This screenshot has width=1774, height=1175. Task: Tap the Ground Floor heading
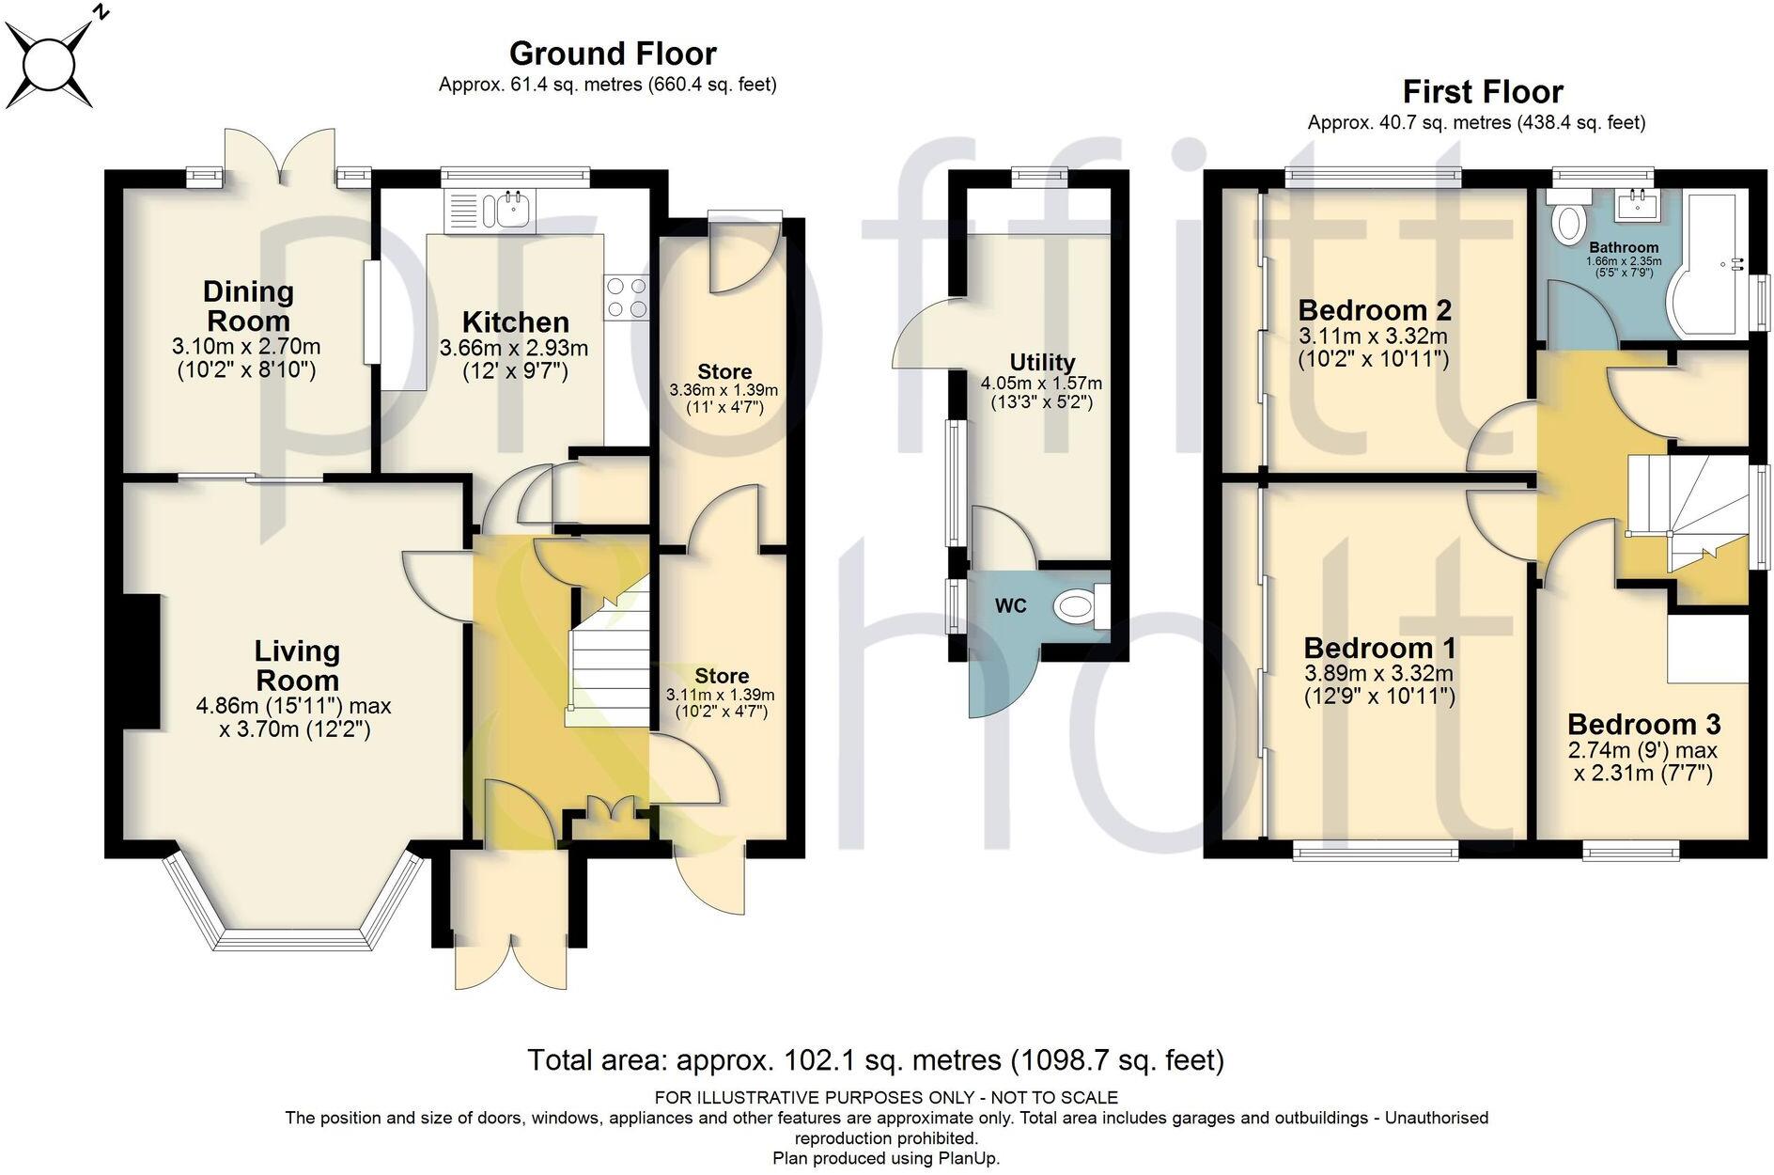[x=613, y=54]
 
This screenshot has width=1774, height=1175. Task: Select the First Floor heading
[x=1483, y=92]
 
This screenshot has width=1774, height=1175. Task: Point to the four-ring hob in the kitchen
[x=627, y=296]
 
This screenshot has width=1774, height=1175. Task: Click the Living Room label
[x=297, y=666]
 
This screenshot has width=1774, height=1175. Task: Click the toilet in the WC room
[x=1082, y=606]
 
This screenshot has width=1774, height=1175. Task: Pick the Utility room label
[x=1042, y=363]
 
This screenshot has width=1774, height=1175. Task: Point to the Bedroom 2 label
[x=1375, y=309]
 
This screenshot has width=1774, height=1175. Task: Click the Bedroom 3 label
[x=1643, y=724]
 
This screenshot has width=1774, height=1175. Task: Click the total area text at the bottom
[x=876, y=1060]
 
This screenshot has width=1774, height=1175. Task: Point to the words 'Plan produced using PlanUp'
[x=886, y=1158]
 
